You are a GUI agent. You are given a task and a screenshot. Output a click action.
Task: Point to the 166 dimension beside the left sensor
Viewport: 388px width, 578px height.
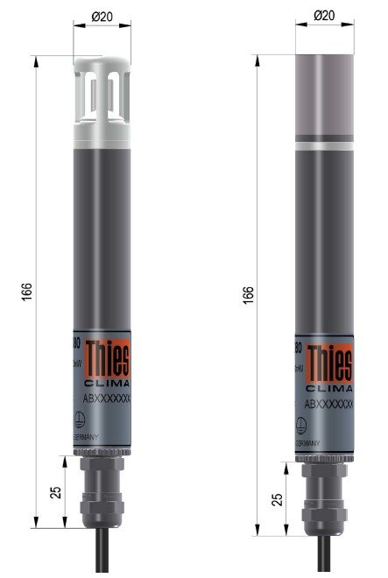26,290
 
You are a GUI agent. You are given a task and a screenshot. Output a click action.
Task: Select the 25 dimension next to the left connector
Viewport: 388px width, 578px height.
55,492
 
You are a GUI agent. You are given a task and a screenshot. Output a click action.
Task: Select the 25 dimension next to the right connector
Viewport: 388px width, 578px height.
278,499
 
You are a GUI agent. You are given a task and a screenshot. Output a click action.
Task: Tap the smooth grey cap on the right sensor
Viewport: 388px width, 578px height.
324,96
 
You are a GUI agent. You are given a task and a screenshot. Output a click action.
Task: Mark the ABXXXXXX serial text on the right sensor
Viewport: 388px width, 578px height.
328,404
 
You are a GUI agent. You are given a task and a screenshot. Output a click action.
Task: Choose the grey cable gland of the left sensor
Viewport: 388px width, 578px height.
102,490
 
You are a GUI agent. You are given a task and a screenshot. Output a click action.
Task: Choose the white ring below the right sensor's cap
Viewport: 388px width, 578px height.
324,145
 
